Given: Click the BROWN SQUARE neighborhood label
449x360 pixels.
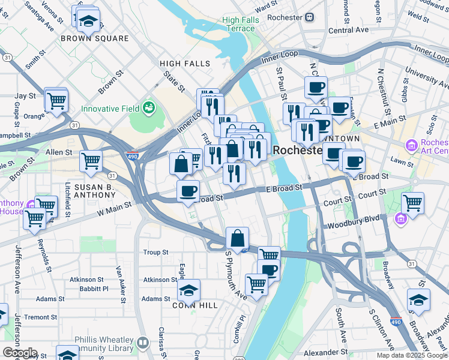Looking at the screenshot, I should [x=94, y=38].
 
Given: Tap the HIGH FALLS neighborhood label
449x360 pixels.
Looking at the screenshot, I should [x=185, y=64].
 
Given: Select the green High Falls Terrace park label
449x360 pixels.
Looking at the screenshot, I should [x=238, y=24].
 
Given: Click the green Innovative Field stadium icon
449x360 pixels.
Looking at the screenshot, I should [x=149, y=109].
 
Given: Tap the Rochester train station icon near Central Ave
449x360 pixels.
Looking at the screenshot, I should [x=309, y=17].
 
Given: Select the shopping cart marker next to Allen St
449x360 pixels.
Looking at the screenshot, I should [x=91, y=161].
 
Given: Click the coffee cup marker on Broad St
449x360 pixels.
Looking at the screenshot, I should [x=188, y=191].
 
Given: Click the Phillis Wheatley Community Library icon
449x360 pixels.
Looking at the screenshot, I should [x=142, y=343].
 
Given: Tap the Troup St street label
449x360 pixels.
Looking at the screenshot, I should [x=156, y=253].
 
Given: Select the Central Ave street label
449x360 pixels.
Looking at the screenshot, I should [x=348, y=30].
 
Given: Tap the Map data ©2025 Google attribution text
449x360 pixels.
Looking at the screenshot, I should [x=411, y=355].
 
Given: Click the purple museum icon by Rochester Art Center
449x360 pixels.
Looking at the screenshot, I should [x=412, y=146].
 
